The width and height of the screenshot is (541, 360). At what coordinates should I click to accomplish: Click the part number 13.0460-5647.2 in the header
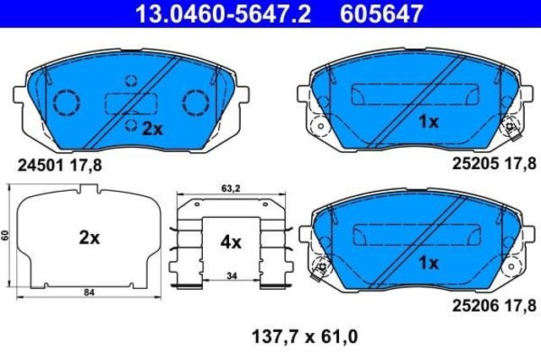pos(223,14)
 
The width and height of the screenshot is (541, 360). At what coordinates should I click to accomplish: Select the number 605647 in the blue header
pos(381,14)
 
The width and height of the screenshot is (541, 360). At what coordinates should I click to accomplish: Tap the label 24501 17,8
pos(60,166)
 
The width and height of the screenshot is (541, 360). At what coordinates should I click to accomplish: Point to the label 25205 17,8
pos(494,164)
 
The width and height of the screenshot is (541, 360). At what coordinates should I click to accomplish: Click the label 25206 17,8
pos(494,306)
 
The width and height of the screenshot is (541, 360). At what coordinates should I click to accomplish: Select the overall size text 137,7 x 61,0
pos(305,337)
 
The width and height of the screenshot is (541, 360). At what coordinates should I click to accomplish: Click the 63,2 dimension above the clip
pos(231,188)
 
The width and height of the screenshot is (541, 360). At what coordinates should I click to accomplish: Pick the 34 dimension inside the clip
pos(232,275)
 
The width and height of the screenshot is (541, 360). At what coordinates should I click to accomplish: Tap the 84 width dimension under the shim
pos(89,292)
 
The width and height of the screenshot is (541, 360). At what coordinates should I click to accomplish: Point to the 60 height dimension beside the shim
pos(5,236)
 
